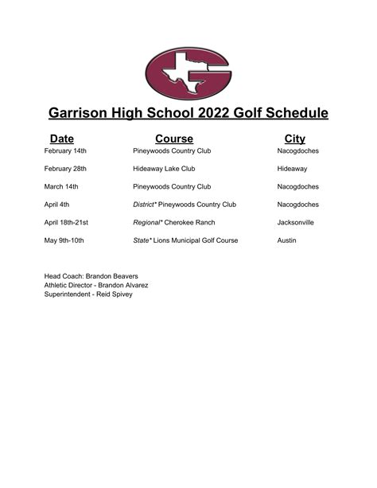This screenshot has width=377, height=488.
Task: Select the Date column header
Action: pos(61,139)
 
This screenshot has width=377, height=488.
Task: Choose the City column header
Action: pos(294,139)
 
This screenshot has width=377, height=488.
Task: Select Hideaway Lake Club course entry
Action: pos(164,169)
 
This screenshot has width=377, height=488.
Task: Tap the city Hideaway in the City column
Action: pos(292,169)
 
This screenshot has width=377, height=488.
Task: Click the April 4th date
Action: pos(59,205)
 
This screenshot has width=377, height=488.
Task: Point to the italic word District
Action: pos(144,205)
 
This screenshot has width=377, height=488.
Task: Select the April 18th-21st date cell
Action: pos(66,222)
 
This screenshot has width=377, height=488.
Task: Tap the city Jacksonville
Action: pos(295,222)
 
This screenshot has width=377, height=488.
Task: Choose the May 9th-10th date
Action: pos(64,240)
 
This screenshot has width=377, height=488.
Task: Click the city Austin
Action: pos(286,240)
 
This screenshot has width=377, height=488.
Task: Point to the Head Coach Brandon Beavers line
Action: pos(89,275)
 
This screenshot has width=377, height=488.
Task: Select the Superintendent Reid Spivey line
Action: pos(88,294)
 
